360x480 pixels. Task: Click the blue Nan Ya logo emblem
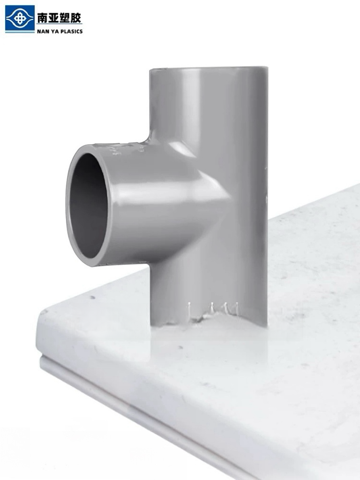[x=20, y=17]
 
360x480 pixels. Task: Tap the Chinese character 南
[x=43, y=18]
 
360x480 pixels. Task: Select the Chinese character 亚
[x=53, y=18]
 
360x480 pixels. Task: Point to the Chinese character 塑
[x=65, y=18]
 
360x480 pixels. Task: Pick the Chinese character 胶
[x=76, y=18]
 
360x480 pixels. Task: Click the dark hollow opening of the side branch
[x=88, y=206]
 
